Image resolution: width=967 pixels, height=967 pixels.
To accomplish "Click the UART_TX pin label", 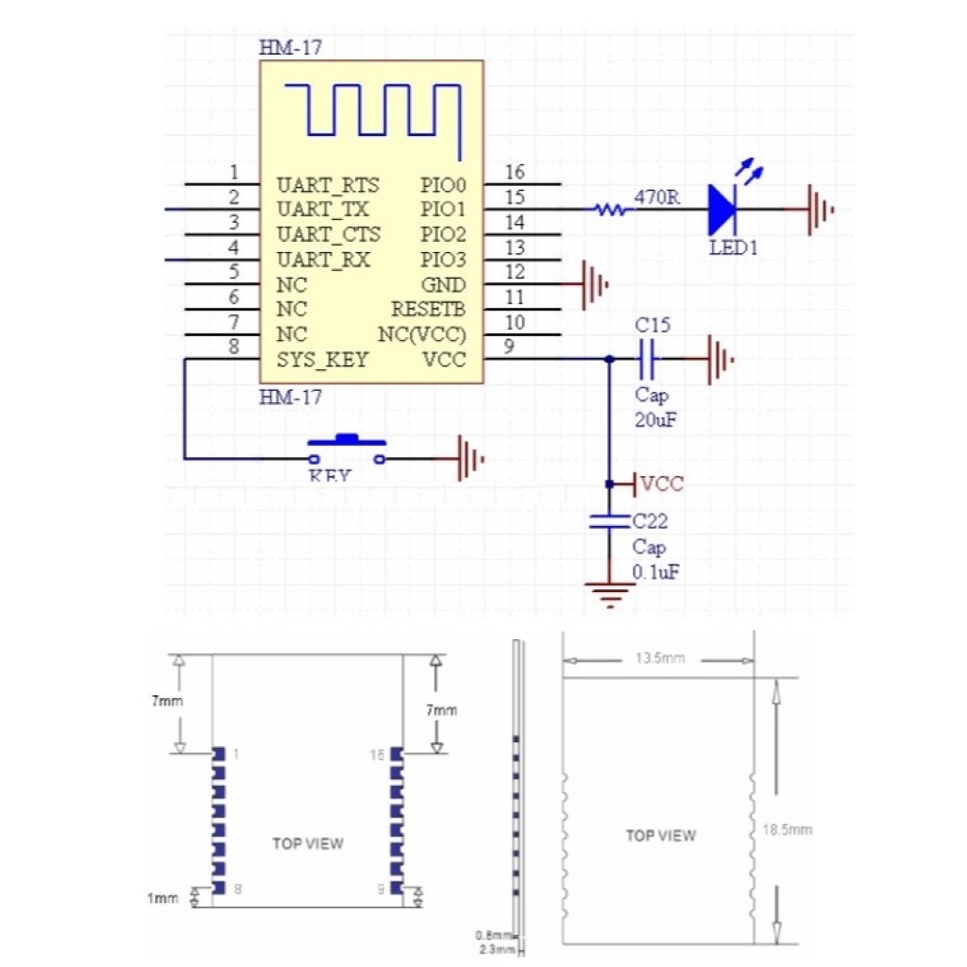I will coord(322,209).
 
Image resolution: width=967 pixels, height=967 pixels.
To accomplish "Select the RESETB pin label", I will coord(429,309).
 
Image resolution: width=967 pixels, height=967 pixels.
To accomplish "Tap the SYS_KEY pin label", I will coord(322,360).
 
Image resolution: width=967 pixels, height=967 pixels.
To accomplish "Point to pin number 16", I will coord(515,173).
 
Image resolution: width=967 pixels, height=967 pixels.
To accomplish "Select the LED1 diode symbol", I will coord(724,210).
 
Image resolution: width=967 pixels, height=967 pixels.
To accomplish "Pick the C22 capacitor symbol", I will coord(610,521).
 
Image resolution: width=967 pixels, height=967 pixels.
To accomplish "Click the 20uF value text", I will coord(654,420).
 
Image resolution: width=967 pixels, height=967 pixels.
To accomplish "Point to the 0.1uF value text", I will coord(656,573).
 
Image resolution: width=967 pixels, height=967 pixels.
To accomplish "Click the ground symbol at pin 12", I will coord(592,284).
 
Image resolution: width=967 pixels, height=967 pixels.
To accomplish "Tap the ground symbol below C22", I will coord(610,595).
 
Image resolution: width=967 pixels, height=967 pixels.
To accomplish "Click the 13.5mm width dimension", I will coord(658,658).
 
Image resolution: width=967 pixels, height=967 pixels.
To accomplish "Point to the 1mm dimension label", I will coord(162,899).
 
